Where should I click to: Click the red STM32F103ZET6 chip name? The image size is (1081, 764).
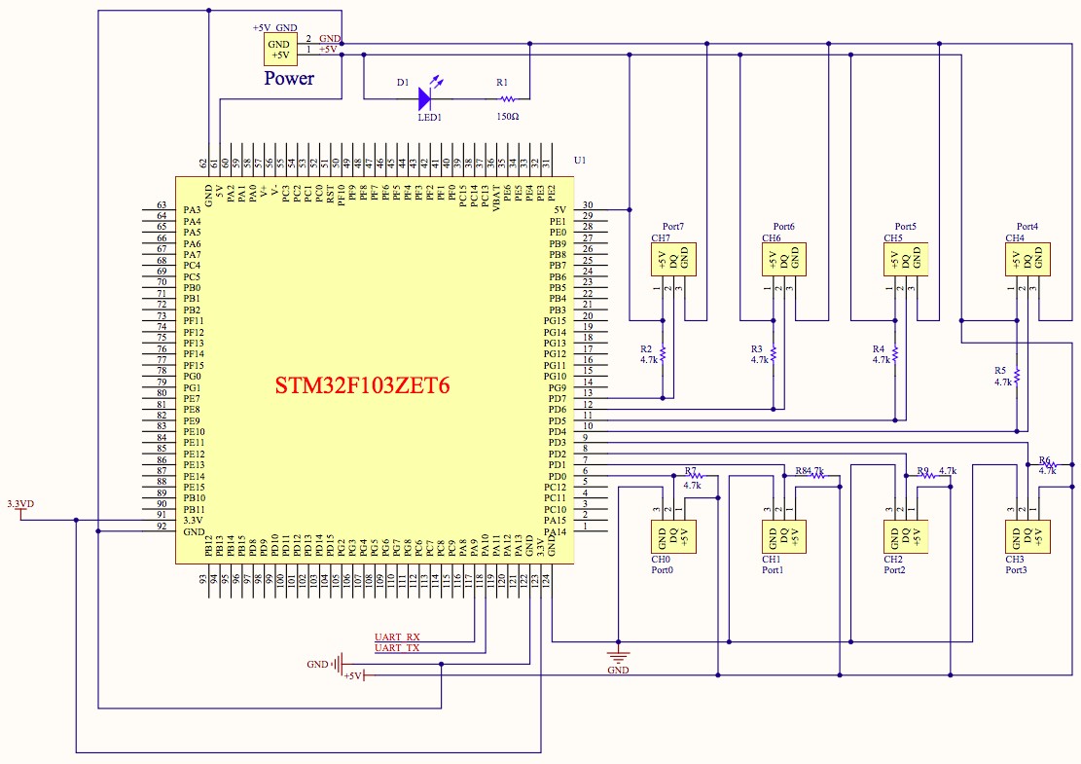point(363,385)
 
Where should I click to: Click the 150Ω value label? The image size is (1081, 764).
point(507,116)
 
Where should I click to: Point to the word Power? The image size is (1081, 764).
point(289,79)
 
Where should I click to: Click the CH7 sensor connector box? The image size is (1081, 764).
point(672,259)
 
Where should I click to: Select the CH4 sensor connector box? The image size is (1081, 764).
point(1027,259)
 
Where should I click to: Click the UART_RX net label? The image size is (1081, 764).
point(397,637)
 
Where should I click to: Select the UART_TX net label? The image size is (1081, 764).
point(397,648)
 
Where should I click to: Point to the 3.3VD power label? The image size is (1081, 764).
point(20,504)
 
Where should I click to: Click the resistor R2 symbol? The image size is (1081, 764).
point(663,354)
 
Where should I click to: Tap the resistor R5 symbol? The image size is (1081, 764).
point(1016,376)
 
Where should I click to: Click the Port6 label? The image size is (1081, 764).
point(784,226)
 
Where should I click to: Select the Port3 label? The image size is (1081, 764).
point(1015,569)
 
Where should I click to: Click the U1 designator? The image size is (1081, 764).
point(580,160)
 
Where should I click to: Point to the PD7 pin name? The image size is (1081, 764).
point(557,399)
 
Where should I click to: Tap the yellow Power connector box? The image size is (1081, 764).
point(278,49)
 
